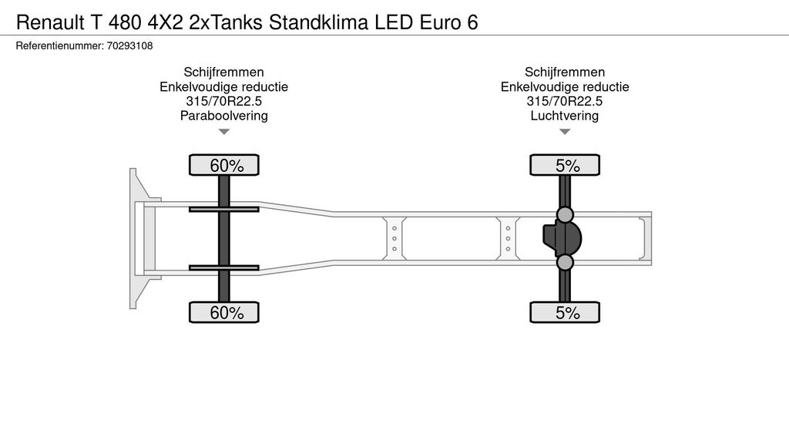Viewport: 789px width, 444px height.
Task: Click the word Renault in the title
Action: pos(50,22)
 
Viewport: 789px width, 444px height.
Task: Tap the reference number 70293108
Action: pos(129,45)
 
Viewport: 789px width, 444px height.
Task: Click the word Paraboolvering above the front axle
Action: pos(224,116)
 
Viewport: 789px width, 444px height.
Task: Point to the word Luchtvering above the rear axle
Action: pos(565,116)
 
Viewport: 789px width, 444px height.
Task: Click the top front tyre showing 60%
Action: pos(224,165)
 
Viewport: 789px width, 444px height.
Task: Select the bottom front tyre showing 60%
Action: pos(224,313)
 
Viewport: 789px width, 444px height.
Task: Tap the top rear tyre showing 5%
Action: pos(565,165)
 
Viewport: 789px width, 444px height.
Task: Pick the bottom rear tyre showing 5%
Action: pos(565,313)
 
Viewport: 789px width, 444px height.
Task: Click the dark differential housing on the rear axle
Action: pos(562,238)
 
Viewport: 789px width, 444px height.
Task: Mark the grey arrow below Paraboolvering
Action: pos(224,132)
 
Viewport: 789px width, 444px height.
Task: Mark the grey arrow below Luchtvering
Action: pos(565,132)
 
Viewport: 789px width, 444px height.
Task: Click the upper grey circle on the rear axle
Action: pos(565,215)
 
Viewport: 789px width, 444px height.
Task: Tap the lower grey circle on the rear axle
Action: pos(565,262)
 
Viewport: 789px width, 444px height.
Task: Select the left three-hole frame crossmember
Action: pos(394,239)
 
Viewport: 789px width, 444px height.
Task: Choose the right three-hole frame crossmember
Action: pos(509,239)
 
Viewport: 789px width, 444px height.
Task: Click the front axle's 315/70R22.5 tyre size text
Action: pos(224,101)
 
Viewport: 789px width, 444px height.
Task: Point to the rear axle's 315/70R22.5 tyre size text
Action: pos(565,101)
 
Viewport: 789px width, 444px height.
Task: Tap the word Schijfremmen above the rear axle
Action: pos(565,72)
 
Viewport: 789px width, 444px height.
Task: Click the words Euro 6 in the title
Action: pos(449,22)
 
